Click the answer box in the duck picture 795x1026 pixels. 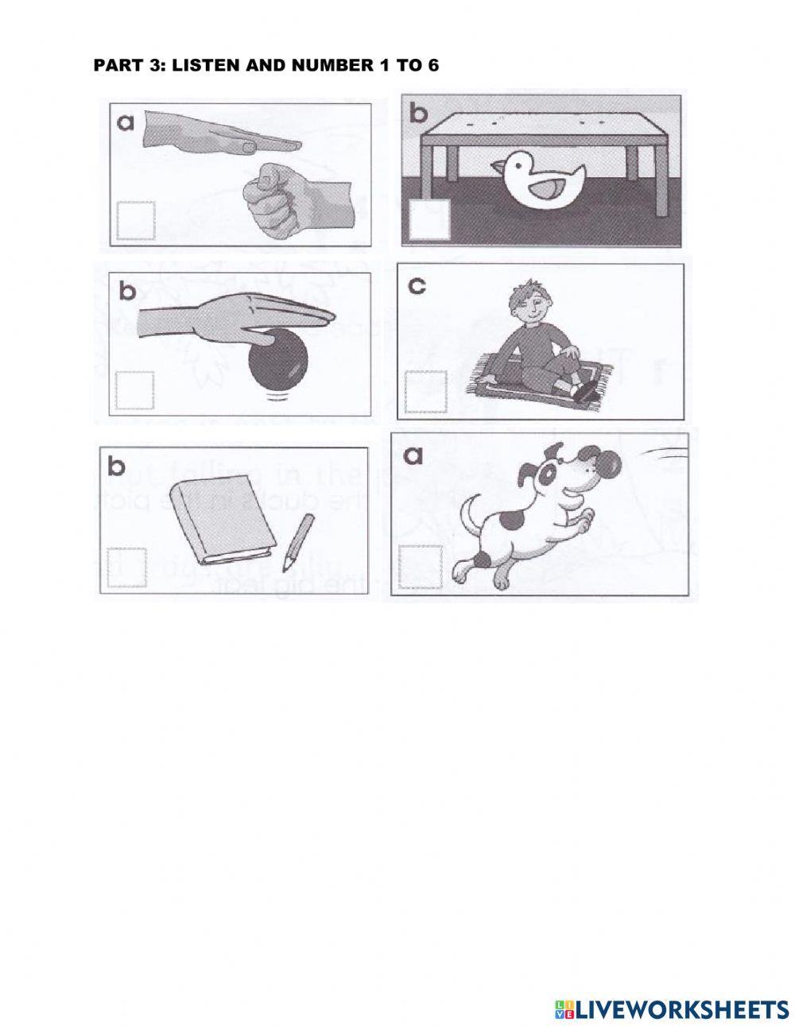click(429, 219)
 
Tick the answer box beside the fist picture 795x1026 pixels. click(135, 220)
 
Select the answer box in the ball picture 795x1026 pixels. click(134, 390)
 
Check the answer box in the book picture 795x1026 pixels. click(126, 567)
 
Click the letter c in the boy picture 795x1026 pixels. click(417, 285)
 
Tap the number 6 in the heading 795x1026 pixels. click(432, 65)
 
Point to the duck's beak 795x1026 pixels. click(496, 167)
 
